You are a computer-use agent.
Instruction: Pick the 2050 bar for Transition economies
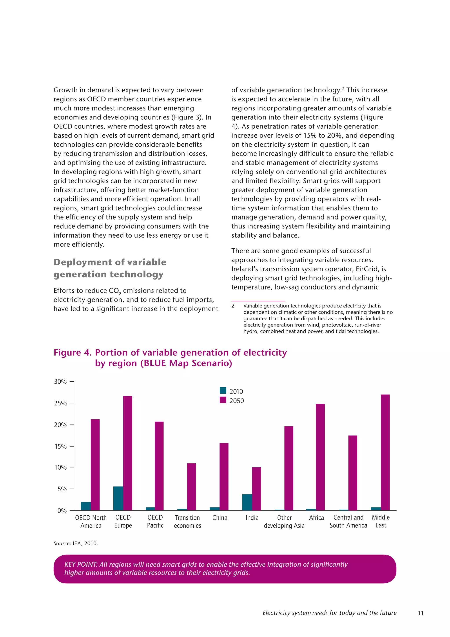coord(191,487)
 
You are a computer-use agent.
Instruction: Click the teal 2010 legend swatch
coord(223,391)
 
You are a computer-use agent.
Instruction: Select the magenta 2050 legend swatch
coord(223,400)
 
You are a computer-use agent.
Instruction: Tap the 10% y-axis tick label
coord(60,467)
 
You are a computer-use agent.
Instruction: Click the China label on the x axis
coord(220,518)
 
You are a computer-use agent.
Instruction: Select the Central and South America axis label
coord(348,521)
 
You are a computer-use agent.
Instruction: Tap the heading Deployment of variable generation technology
coord(110,268)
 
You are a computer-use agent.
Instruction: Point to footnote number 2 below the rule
coord(233,306)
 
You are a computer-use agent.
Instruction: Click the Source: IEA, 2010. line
coord(76,544)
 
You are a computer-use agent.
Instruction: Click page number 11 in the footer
coord(421,613)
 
